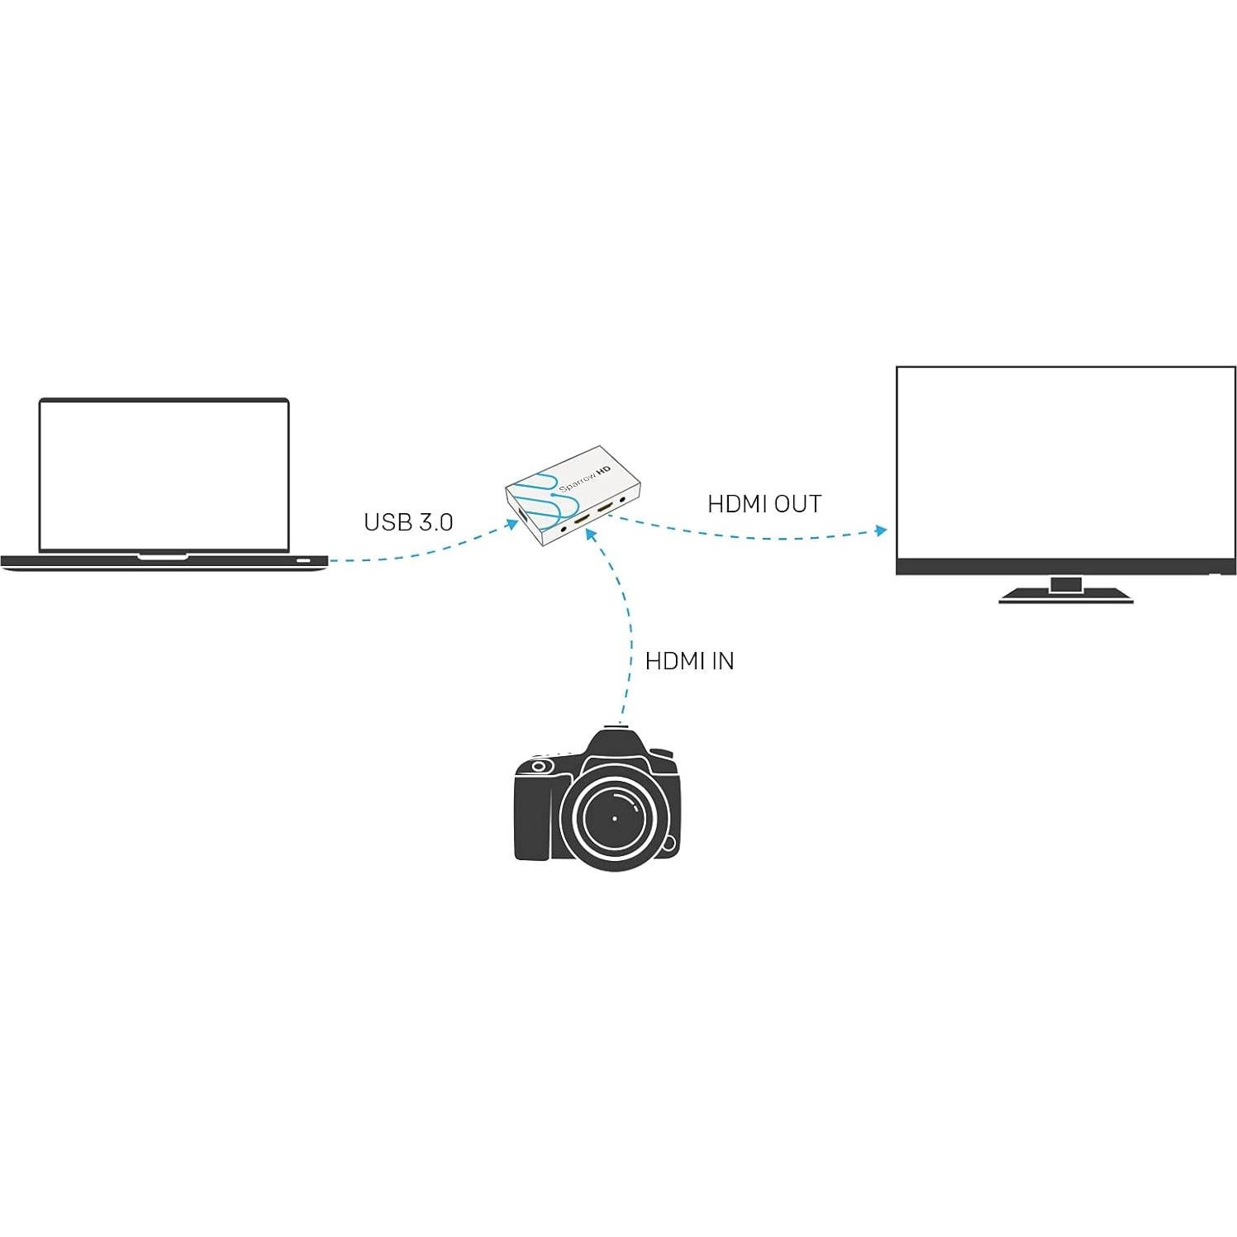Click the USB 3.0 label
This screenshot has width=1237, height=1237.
point(408,522)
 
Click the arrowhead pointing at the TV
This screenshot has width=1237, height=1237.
point(882,530)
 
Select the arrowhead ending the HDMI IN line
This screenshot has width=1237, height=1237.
point(589,534)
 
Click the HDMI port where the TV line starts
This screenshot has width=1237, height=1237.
point(605,507)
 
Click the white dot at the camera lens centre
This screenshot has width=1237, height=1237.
point(615,819)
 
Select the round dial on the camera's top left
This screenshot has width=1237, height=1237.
point(539,767)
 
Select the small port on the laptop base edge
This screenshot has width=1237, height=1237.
point(304,561)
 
